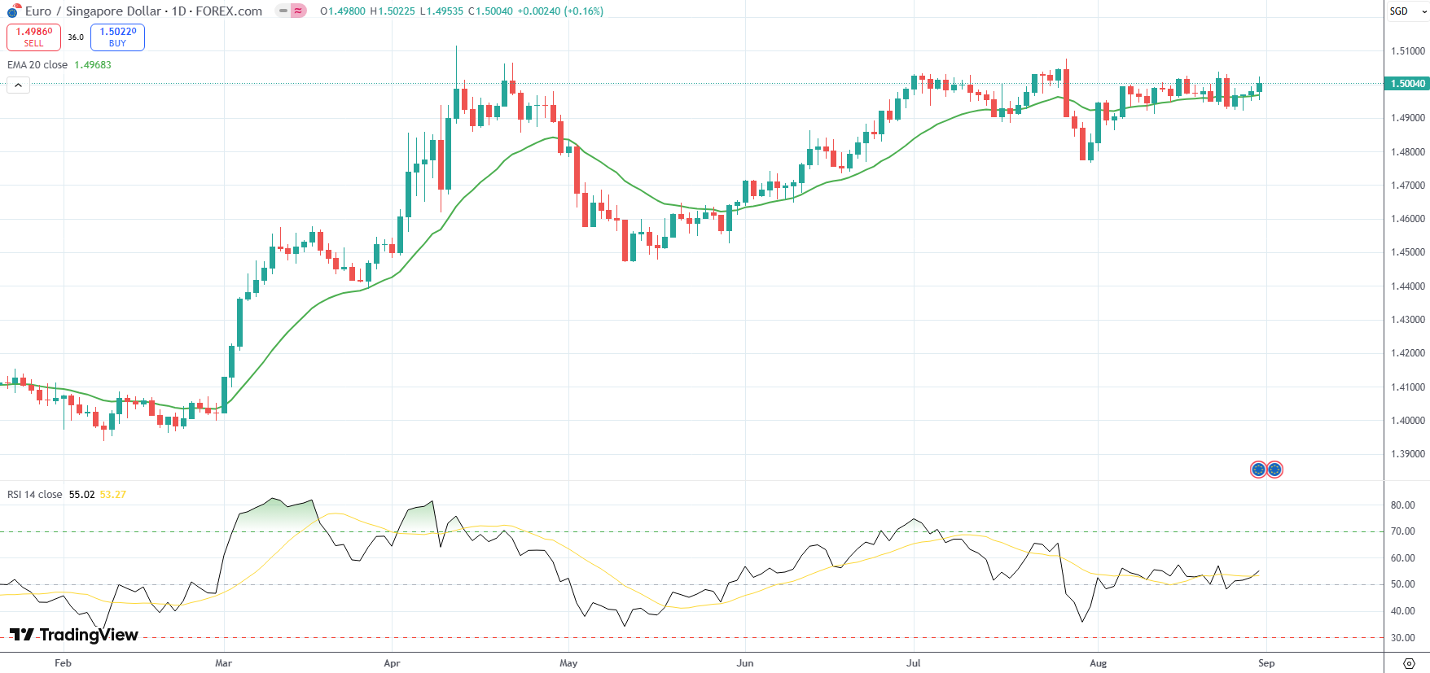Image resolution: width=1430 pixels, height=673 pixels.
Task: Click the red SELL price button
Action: click(33, 37)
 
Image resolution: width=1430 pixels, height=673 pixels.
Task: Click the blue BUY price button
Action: click(117, 37)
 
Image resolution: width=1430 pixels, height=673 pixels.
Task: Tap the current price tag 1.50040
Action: click(1406, 84)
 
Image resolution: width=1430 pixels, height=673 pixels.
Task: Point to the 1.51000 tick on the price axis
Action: click(1407, 51)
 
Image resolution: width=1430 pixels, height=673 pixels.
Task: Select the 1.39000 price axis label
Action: click(1407, 454)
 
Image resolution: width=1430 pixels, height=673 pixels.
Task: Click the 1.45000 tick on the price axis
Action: click(1407, 252)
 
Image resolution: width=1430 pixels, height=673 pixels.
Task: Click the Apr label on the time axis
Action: click(392, 663)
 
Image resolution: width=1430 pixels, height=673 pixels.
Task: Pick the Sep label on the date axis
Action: click(1266, 663)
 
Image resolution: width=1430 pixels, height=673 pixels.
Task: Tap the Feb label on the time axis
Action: click(63, 663)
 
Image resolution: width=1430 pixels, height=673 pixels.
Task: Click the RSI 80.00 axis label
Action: click(1402, 505)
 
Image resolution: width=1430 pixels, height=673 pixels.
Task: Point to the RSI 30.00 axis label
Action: click(1402, 638)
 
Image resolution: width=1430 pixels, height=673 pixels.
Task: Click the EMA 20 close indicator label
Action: click(37, 65)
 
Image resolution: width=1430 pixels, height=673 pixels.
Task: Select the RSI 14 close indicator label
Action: click(35, 495)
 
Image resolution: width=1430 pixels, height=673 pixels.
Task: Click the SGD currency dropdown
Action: click(1407, 11)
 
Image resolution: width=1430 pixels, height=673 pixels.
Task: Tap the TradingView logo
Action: click(74, 635)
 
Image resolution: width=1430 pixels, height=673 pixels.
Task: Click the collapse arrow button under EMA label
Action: click(18, 85)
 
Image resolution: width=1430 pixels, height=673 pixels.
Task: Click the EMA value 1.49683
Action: click(93, 65)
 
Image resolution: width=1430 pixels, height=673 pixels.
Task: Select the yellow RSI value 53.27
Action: click(113, 495)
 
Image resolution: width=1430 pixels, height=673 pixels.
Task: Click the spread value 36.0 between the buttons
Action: click(76, 37)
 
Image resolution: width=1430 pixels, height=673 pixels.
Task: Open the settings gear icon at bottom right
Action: click(1409, 664)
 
